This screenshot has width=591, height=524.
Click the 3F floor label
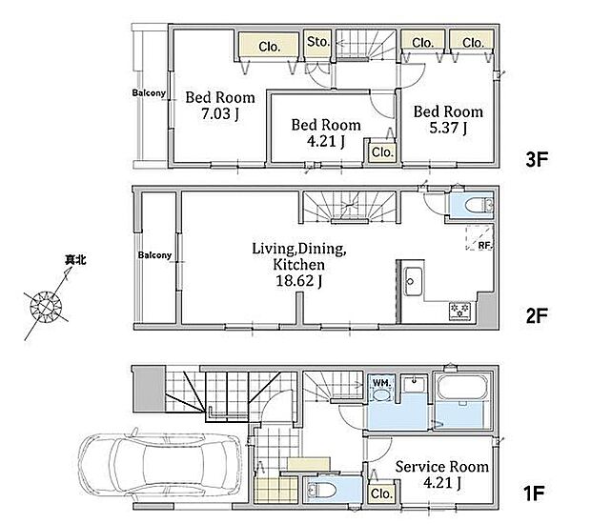click(537, 159)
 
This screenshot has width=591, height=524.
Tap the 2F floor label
click(537, 315)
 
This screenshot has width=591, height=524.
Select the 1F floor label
click(534, 494)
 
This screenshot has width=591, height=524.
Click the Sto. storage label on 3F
click(318, 42)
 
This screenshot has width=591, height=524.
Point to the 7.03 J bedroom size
click(220, 113)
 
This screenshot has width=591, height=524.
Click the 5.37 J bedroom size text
click(448, 128)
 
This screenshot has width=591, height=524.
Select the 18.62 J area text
click(299, 281)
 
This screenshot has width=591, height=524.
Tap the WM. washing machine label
click(381, 383)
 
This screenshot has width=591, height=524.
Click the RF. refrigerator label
click(485, 245)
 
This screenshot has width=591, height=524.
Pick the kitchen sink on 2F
click(413, 281)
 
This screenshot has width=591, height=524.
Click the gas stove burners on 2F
click(459, 311)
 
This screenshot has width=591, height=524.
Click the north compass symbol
click(47, 306)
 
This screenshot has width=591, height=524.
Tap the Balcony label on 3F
click(149, 92)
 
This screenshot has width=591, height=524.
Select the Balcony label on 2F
click(154, 255)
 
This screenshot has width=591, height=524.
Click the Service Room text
click(441, 467)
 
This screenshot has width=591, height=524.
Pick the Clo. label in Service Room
click(381, 494)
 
